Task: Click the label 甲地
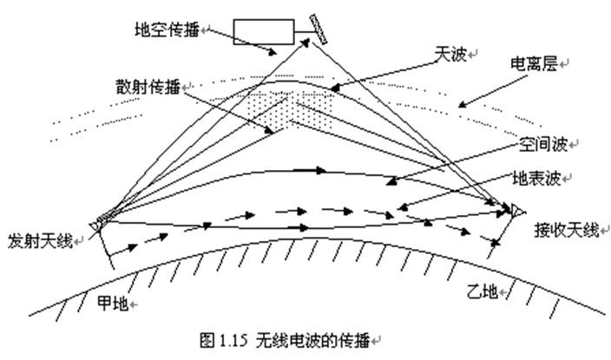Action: click(112, 305)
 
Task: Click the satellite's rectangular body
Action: click(268, 32)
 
